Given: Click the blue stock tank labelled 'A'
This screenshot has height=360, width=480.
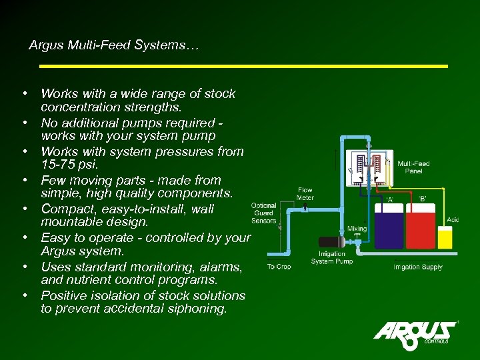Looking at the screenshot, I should pyautogui.click(x=389, y=231).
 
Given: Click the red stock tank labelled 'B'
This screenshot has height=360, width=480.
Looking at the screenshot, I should pyautogui.click(x=420, y=231).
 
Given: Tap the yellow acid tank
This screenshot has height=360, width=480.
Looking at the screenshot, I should pyautogui.click(x=445, y=238).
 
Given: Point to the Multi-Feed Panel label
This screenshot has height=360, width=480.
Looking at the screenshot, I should pyautogui.click(x=413, y=167).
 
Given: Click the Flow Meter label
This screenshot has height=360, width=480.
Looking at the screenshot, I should pyautogui.click(x=305, y=193).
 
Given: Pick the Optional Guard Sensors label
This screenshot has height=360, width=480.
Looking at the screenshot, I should pyautogui.click(x=264, y=213).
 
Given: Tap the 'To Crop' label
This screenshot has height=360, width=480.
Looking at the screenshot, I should pyautogui.click(x=279, y=267).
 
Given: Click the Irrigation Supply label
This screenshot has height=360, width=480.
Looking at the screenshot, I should pyautogui.click(x=418, y=267).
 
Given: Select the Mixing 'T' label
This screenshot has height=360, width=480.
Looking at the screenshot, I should pyautogui.click(x=357, y=232).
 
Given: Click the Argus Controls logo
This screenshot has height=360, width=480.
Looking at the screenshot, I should pyautogui.click(x=415, y=331).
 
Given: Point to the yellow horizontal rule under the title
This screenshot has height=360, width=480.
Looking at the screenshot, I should pyautogui.click(x=243, y=66).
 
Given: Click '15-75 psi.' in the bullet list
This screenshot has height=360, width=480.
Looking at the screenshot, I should pyautogui.click(x=69, y=165).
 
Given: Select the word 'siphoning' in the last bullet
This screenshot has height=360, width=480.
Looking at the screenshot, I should pyautogui.click(x=196, y=309).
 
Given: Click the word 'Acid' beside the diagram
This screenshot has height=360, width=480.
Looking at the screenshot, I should pyautogui.click(x=453, y=220).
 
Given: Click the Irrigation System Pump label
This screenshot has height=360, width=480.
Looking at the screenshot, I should pyautogui.click(x=331, y=257).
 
